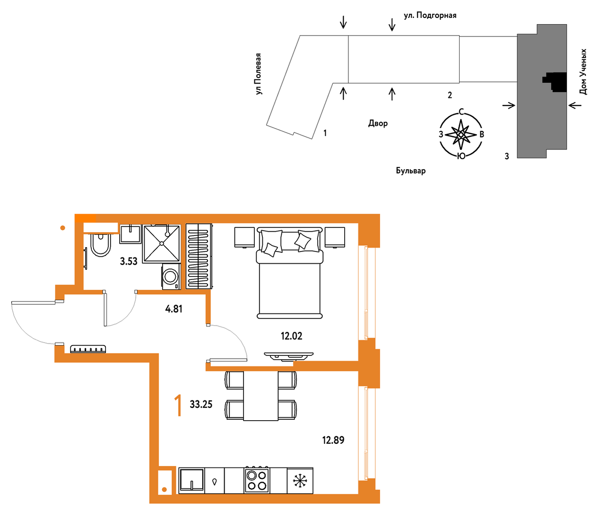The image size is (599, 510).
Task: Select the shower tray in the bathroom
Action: pyautogui.click(x=161, y=244)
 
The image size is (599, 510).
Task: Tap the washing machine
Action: pyautogui.click(x=171, y=276)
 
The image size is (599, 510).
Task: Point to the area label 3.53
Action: pyautogui.click(x=129, y=261)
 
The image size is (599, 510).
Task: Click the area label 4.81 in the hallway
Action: pyautogui.click(x=174, y=309)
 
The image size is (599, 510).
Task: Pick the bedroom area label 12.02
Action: pyautogui.click(x=292, y=336)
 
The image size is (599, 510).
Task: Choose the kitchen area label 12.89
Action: pyautogui.click(x=333, y=440)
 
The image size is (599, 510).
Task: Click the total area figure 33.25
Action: pyautogui.click(x=201, y=404)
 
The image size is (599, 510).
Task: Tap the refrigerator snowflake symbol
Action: pyautogui.click(x=300, y=481)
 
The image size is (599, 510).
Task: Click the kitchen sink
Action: pyautogui.click(x=192, y=480)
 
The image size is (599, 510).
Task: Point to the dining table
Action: pyautogui.click(x=261, y=396)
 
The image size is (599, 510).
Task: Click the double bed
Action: pyautogui.click(x=289, y=273)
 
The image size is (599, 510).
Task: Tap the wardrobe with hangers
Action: pyautogui.click(x=199, y=256)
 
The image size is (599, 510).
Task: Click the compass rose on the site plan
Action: pyautogui.click(x=461, y=135)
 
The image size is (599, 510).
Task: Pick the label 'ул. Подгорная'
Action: pyautogui.click(x=430, y=16)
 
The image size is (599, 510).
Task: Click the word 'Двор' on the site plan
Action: pyautogui.click(x=378, y=123)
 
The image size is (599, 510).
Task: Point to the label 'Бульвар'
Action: pyautogui.click(x=411, y=171)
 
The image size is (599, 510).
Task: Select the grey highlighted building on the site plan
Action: pyautogui.click(x=542, y=91)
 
